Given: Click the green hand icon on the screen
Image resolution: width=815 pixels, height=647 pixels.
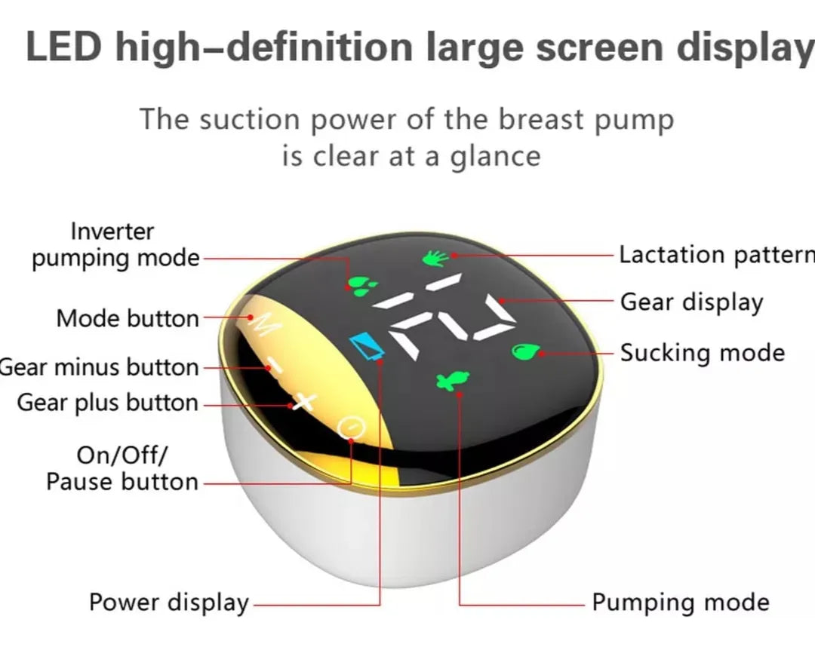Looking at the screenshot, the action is coord(435,258).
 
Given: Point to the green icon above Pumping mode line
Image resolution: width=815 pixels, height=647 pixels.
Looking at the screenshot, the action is coord(452,382).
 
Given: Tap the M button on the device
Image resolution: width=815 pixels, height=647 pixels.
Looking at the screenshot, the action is coord(266,323).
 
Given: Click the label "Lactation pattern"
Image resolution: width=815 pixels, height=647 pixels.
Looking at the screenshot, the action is coord(717,255).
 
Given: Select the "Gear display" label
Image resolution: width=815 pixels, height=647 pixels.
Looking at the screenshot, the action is coord(692,302).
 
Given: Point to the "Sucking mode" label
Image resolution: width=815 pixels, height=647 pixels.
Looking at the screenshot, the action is coord(703,353).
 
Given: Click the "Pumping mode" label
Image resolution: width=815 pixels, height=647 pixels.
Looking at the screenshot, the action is coord(681,603).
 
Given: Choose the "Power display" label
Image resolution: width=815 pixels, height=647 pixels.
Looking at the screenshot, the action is coord(169,603).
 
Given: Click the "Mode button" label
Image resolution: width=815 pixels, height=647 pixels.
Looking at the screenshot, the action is coord(128,318).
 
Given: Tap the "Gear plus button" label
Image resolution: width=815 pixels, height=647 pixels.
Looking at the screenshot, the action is coord(108,403).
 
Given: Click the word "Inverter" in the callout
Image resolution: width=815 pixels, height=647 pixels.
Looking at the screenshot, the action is coord(112,232).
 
